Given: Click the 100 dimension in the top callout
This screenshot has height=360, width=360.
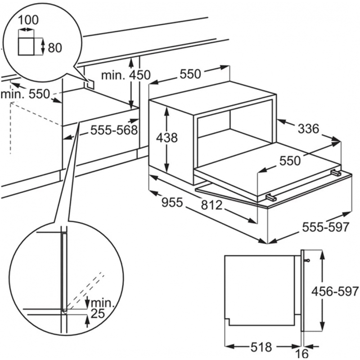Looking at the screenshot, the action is pyautogui.click(x=28, y=20).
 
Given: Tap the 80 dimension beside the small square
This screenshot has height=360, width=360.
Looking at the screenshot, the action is pyautogui.click(x=55, y=48).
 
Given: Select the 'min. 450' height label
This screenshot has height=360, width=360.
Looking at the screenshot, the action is pyautogui.click(x=126, y=75).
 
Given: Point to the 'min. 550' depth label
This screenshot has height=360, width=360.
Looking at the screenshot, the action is pyautogui.click(x=25, y=94).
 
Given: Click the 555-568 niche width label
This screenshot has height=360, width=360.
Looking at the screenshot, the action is pyautogui.click(x=114, y=130).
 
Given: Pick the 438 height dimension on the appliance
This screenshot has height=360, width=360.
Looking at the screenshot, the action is pyautogui.click(x=167, y=138).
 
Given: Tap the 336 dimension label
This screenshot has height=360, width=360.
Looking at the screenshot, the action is pyautogui.click(x=308, y=129).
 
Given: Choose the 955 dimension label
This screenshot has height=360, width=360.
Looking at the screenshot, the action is pyautogui.click(x=172, y=202).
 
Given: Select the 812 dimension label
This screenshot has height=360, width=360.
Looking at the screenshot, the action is pyautogui.click(x=211, y=205).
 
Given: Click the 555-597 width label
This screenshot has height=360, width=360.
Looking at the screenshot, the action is pyautogui.click(x=325, y=227).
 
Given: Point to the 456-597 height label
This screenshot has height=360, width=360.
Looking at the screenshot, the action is pyautogui.click(x=335, y=292).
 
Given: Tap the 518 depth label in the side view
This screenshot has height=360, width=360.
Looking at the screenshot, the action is pyautogui.click(x=261, y=347).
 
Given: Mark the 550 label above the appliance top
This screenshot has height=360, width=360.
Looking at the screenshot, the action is pyautogui.click(x=190, y=74).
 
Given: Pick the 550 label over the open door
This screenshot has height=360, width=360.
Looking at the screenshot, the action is pyautogui.click(x=290, y=161).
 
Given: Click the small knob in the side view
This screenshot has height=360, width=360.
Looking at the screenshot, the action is pyautogui.click(x=307, y=261).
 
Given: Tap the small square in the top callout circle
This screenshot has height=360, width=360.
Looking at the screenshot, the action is pyautogui.click(x=26, y=46).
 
